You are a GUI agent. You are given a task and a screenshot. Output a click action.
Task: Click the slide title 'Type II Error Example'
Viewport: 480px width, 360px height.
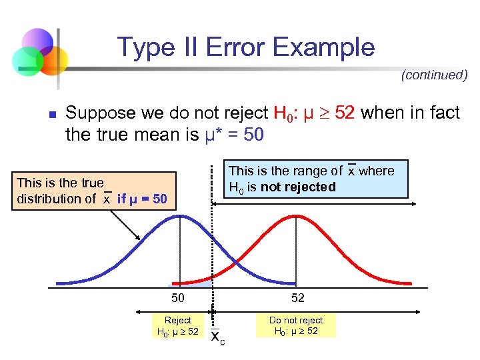tap(246, 47)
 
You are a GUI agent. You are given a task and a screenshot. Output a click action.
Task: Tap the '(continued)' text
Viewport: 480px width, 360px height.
tap(434, 75)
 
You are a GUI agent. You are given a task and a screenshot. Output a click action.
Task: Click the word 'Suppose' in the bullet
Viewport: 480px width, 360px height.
tap(98, 113)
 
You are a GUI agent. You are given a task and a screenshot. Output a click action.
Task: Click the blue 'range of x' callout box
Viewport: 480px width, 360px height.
tap(314, 179)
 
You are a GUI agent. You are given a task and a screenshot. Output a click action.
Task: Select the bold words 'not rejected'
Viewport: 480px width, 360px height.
tap(298, 187)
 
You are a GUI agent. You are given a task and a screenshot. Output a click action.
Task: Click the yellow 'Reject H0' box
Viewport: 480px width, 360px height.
tap(177, 326)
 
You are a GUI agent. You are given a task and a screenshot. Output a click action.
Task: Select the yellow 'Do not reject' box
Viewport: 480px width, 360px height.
tap(295, 326)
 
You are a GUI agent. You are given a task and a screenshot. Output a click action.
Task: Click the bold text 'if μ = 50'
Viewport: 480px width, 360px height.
tap(142, 199)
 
